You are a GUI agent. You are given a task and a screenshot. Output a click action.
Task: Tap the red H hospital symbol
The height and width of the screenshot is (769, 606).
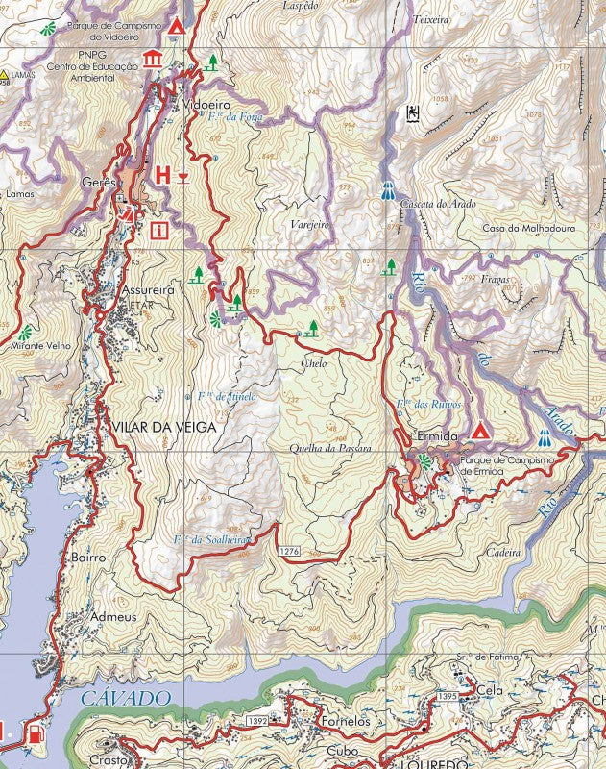point(162,175)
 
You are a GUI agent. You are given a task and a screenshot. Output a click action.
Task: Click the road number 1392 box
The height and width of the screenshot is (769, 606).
point(256,720)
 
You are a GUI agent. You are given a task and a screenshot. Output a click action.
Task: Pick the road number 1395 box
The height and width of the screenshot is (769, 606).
point(448,695)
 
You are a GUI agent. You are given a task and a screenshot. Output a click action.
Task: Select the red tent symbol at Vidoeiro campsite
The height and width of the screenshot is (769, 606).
point(176,25)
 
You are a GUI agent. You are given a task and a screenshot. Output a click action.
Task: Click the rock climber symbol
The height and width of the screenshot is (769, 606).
point(413,113)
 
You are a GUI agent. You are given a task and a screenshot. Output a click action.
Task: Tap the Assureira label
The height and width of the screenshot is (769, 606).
point(148,288)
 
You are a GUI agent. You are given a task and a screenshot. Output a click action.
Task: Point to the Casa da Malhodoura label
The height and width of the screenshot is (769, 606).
point(527,228)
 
